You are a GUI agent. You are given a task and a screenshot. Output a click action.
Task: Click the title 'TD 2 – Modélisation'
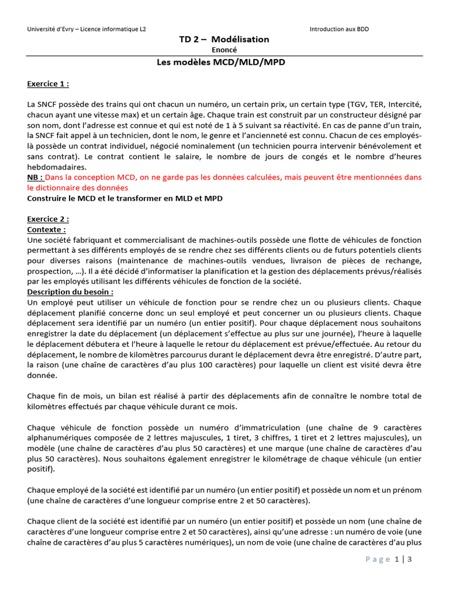point(224,39)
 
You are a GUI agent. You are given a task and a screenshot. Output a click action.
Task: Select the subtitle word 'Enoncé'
point(224,50)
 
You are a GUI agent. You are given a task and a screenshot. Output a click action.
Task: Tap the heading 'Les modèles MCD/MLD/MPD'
point(224,62)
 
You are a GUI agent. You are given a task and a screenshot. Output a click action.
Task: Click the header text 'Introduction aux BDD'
point(339,29)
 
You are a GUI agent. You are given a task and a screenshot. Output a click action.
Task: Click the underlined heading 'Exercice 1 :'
point(48,84)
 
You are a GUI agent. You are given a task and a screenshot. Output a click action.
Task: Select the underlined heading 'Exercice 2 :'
point(48,219)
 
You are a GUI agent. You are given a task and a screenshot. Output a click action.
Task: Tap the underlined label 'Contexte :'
point(47,230)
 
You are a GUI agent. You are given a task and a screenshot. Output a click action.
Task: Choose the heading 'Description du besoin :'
point(70,292)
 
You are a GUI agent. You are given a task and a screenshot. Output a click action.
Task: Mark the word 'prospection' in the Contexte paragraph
point(49,271)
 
